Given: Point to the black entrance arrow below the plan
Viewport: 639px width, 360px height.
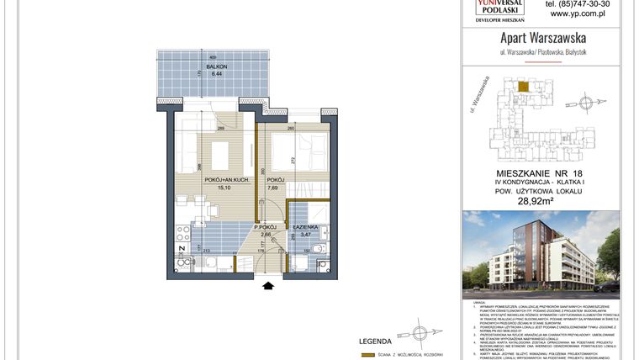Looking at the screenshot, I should [268, 286].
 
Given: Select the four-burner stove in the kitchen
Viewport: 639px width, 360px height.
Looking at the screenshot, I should [183, 231].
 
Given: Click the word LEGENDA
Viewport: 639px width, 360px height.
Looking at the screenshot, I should [375, 341].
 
